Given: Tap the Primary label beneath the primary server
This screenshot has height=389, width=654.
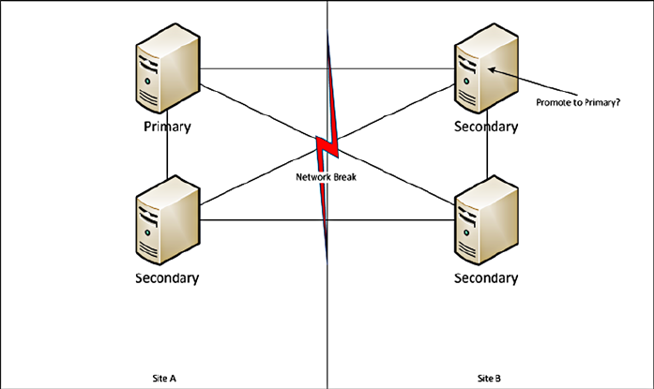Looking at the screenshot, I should point(168,126).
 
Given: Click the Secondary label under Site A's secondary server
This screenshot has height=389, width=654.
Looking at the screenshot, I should point(168,277).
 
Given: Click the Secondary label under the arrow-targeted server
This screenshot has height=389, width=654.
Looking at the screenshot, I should point(485,126).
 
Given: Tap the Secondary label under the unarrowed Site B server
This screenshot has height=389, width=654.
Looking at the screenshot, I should point(485,277).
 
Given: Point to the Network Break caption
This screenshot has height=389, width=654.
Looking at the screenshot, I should point(327,174).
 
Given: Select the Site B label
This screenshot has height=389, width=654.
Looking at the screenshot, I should point(488,377).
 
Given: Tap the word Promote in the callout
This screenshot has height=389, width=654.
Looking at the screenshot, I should point(551,102).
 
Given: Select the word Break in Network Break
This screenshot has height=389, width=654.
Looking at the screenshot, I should point(344,174).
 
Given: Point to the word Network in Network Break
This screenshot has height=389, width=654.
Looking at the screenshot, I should point(313,174).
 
